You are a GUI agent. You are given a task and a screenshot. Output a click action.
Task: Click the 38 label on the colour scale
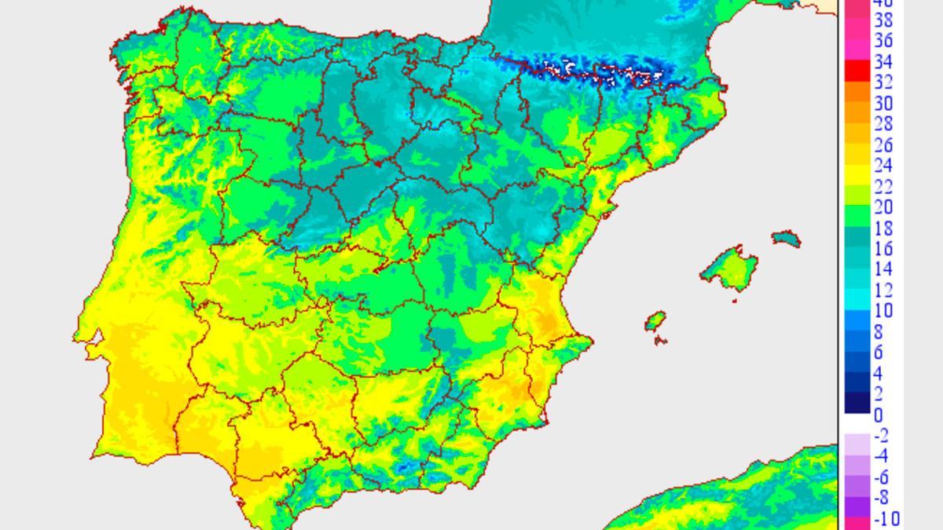click(x=883, y=20)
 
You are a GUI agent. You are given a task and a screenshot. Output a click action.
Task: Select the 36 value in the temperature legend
click(x=883, y=41)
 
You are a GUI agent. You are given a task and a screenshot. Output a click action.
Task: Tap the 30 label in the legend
click(x=883, y=104)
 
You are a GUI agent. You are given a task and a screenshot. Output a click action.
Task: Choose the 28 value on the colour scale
click(x=883, y=124)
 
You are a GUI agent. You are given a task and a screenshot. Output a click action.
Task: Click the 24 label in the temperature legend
click(x=883, y=166)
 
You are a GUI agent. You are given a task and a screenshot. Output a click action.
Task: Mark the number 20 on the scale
click(x=883, y=207)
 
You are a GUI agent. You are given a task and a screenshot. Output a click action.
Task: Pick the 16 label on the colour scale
click(x=883, y=249)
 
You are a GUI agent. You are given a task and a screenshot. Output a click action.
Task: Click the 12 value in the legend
click(x=883, y=291)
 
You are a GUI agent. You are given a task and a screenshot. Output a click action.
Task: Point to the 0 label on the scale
click(x=878, y=415)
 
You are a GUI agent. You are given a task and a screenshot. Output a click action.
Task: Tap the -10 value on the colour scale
click(x=886, y=519)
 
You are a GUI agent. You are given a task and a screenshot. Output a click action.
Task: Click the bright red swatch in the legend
click(x=857, y=71)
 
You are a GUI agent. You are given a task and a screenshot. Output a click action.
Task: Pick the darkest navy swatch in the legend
click(x=857, y=403)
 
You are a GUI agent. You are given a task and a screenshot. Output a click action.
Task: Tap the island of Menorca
click(x=786, y=238)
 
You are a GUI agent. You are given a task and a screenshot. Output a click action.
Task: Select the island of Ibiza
click(x=656, y=321)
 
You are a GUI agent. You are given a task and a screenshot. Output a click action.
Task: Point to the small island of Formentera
click(x=660, y=340)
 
